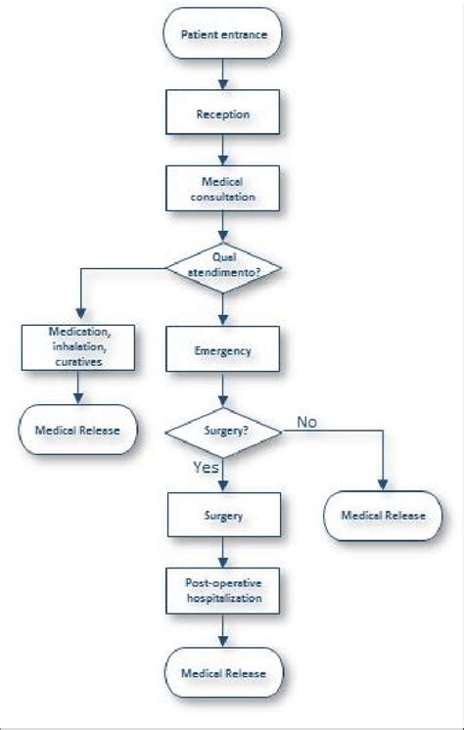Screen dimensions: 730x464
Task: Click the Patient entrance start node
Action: click(x=224, y=36)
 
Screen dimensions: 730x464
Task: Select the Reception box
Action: click(x=224, y=114)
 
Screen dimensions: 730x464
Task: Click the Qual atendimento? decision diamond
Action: click(x=224, y=267)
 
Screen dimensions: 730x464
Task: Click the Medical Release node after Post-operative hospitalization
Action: click(x=224, y=674)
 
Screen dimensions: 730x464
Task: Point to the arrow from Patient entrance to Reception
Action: click(x=224, y=74)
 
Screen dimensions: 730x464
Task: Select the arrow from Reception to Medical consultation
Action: click(x=224, y=150)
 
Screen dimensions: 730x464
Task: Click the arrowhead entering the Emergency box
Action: click(x=224, y=319)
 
